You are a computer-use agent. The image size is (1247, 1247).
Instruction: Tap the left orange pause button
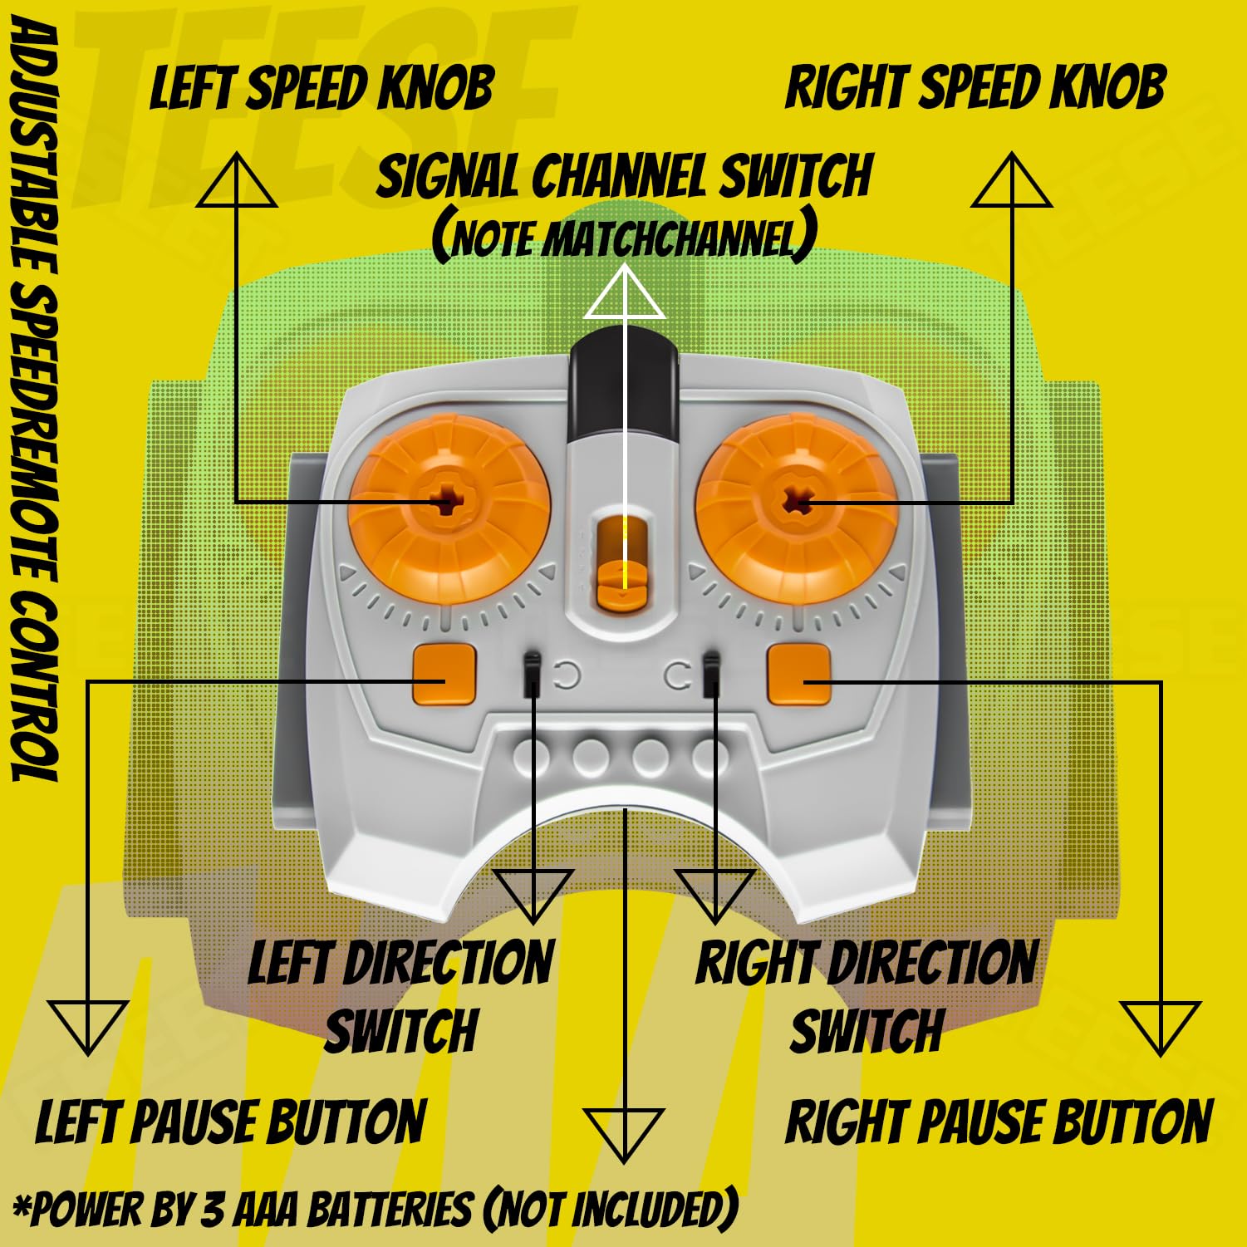(444, 673)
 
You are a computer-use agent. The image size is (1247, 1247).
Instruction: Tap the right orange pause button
(798, 674)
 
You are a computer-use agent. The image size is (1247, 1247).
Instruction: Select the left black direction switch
(533, 675)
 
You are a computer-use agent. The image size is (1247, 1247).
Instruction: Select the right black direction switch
(711, 675)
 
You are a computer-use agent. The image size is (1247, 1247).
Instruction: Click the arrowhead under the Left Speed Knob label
(237, 180)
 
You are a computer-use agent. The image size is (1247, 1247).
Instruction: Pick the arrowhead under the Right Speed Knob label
(1012, 180)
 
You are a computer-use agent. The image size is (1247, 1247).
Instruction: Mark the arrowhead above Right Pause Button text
(1160, 1025)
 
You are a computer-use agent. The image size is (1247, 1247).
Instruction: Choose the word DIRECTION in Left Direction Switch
(448, 964)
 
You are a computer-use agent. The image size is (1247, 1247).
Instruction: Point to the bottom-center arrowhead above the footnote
(623, 1132)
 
